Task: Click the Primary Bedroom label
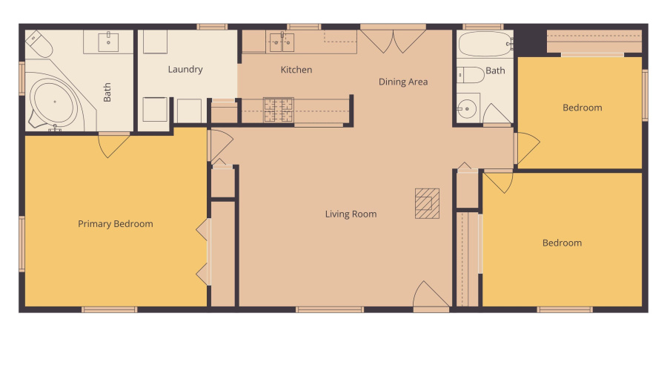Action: (x=116, y=224)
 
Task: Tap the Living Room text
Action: (x=351, y=214)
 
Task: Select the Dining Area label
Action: (x=403, y=82)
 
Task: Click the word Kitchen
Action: (x=296, y=70)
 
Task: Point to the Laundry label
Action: (x=185, y=70)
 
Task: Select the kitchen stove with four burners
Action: (x=279, y=109)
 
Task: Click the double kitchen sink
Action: (x=282, y=41)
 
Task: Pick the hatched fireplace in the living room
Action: (x=427, y=204)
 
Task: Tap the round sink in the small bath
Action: (x=466, y=109)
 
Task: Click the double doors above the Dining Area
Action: (x=393, y=40)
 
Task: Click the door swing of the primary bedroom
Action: (x=114, y=144)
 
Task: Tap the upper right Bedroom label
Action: (x=582, y=108)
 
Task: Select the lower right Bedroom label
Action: (x=562, y=243)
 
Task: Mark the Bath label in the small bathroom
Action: (x=495, y=71)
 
